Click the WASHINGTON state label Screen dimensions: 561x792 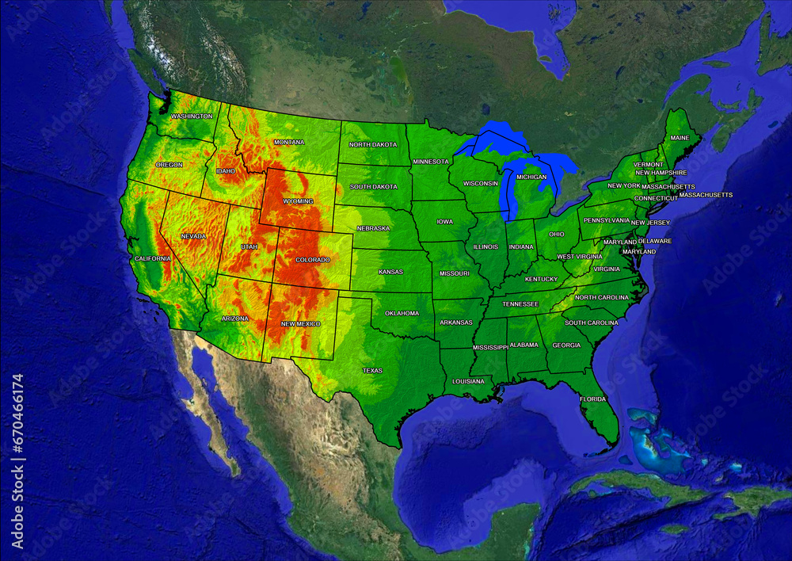pos(192,116)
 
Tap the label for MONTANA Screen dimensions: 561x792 pos(289,143)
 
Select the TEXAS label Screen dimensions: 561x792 pos(372,371)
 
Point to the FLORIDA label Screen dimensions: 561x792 pos(592,399)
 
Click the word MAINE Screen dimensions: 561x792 pos(680,138)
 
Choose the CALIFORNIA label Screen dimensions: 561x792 pos(153,259)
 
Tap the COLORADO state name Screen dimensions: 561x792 pos(313,260)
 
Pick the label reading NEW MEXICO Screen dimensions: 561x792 pos(301,324)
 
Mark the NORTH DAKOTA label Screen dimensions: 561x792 pos(373,145)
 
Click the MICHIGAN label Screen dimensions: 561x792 pos(531,177)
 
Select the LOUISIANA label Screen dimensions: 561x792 pos(468,381)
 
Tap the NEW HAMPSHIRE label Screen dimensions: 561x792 pos(661,173)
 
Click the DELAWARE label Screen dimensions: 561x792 pos(655,241)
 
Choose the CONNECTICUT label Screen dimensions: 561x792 pos(656,198)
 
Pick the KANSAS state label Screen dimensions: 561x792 pos(390,272)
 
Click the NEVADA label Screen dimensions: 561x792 pos(193,236)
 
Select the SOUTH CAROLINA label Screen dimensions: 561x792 pos(592,323)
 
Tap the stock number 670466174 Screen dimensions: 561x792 pos(18,460)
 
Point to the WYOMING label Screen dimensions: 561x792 pos(298,201)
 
